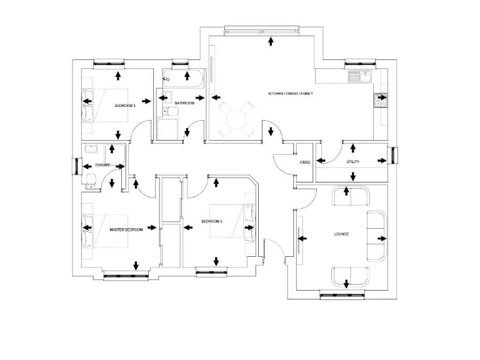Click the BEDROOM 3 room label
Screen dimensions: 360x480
(124, 106)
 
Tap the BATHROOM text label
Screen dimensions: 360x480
(184, 103)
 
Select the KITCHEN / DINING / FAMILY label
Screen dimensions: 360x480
(291, 93)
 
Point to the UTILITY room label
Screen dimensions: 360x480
(353, 162)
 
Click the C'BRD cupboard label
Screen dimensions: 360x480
(305, 162)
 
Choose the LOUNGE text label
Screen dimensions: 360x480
(341, 234)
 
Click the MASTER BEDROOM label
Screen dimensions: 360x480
(126, 230)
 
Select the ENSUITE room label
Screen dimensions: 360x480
(102, 165)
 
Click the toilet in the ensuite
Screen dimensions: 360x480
(91, 181)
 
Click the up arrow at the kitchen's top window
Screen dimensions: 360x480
(270, 41)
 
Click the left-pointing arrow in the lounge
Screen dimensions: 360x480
(304, 237)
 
